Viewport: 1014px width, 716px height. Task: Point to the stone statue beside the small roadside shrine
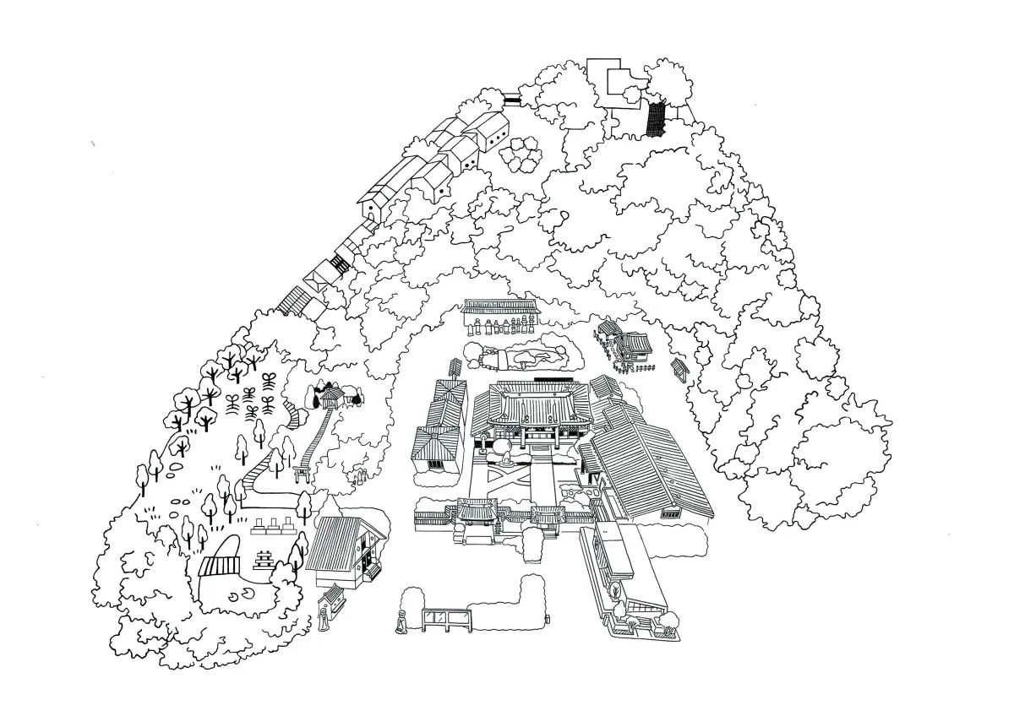pyautogui.click(x=322, y=614)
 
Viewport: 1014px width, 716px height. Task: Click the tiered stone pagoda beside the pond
pyautogui.click(x=263, y=559)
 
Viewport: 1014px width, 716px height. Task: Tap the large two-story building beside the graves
pyautogui.click(x=346, y=550)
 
